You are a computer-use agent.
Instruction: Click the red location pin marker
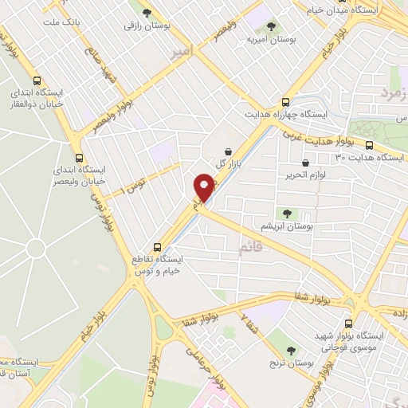coord(203,189)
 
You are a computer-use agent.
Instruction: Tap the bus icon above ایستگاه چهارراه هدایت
coord(286,102)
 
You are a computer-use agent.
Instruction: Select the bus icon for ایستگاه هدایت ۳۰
coord(370,145)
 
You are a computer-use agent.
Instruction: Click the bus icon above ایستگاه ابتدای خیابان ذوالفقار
coord(37,80)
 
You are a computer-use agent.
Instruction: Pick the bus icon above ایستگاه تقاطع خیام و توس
coord(157,246)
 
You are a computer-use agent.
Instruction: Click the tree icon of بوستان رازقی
coord(147,12)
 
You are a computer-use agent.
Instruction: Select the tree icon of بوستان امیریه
coord(270,26)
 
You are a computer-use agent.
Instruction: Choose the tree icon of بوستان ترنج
coord(291,350)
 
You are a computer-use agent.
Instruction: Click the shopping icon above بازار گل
coord(229,151)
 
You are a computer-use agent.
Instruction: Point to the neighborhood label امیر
coord(182,52)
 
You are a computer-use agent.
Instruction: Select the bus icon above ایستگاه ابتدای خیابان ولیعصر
coord(78,157)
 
